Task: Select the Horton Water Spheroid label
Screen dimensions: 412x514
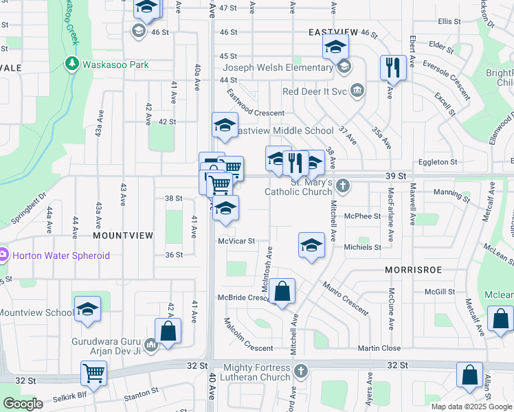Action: tap(55, 255)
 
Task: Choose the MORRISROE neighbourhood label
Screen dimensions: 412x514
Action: tap(412, 271)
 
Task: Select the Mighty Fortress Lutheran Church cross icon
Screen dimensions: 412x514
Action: tap(300, 371)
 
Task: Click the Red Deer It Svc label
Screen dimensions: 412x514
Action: tap(315, 91)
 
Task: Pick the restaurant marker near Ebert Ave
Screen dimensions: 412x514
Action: tap(392, 67)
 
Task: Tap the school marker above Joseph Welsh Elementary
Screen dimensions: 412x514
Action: tap(336, 47)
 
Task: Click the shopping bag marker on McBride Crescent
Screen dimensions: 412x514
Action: tap(282, 291)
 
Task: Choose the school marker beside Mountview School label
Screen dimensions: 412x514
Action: tap(87, 310)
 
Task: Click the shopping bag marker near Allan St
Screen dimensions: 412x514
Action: tap(470, 376)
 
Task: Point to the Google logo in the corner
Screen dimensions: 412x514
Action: tap(23, 404)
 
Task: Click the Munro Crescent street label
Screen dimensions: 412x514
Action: tap(345, 297)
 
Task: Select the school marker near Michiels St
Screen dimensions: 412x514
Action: tap(311, 245)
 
